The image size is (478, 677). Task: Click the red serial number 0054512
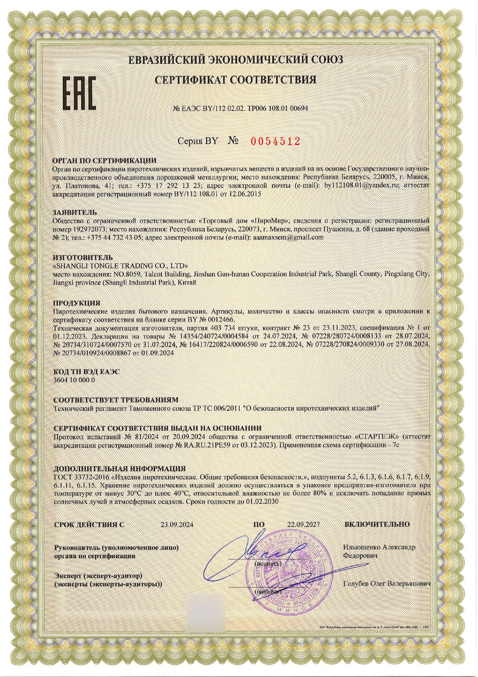coord(275,141)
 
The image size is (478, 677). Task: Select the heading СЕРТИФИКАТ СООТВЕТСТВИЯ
coord(236,80)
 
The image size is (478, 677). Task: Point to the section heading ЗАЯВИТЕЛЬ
coord(75,212)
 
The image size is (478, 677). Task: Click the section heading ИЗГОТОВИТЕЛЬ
coord(83,257)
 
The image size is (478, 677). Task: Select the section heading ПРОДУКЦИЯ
coord(77,303)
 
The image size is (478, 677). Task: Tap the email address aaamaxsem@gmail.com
coord(287,237)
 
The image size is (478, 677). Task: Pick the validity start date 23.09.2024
coord(177,525)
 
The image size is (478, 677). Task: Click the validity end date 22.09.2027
coord(303,525)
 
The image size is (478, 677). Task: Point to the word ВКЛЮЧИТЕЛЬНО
coord(377,524)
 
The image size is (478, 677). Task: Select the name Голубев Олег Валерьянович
coord(386,584)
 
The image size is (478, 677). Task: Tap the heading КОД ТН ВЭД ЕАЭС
coord(86,372)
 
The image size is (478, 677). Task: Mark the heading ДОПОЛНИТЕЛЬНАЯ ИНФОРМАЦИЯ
coord(119,469)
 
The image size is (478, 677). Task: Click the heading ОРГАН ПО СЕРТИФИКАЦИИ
coord(104,161)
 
